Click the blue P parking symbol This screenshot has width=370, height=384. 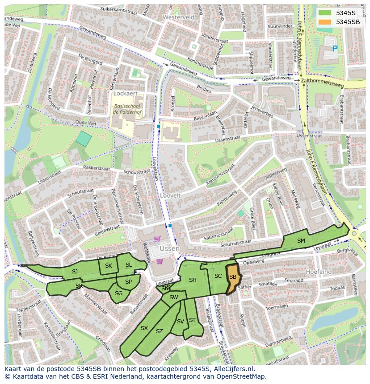(334, 49)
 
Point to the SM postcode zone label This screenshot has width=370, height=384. (301, 241)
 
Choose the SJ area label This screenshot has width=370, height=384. (75, 272)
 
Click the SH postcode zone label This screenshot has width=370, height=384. (193, 280)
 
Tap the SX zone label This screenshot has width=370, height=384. (144, 328)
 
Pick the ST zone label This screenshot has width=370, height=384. (192, 320)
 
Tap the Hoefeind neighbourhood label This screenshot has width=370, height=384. (318, 271)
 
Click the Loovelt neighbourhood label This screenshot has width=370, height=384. (170, 196)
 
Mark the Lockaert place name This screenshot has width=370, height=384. (125, 94)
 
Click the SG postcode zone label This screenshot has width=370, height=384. (118, 293)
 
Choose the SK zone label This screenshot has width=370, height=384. (109, 266)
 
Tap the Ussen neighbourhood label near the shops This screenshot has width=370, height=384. (170, 248)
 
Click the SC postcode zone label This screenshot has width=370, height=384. (218, 276)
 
